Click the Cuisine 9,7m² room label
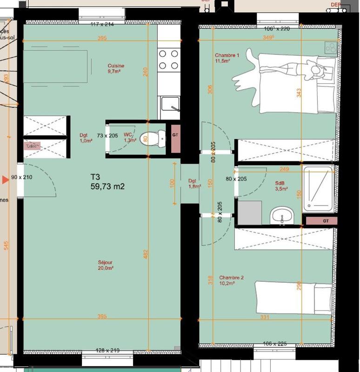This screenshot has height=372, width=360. coord(116,69)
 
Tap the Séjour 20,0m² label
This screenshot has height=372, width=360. coord(106,265)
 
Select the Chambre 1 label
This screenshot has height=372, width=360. coord(227,58)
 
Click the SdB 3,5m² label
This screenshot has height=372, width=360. coord(281,186)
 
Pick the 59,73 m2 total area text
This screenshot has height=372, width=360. coord(107,186)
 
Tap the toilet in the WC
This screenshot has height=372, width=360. coord(160,137)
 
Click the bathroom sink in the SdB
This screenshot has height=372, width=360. coord(282,215)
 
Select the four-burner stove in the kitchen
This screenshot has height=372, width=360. coord(169,60)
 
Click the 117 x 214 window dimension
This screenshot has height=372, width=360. coord(102,24)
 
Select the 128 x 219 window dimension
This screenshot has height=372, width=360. coord(107,349)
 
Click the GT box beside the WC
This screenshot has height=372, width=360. coord(175,135)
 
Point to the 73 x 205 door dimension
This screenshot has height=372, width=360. coord(107,136)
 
